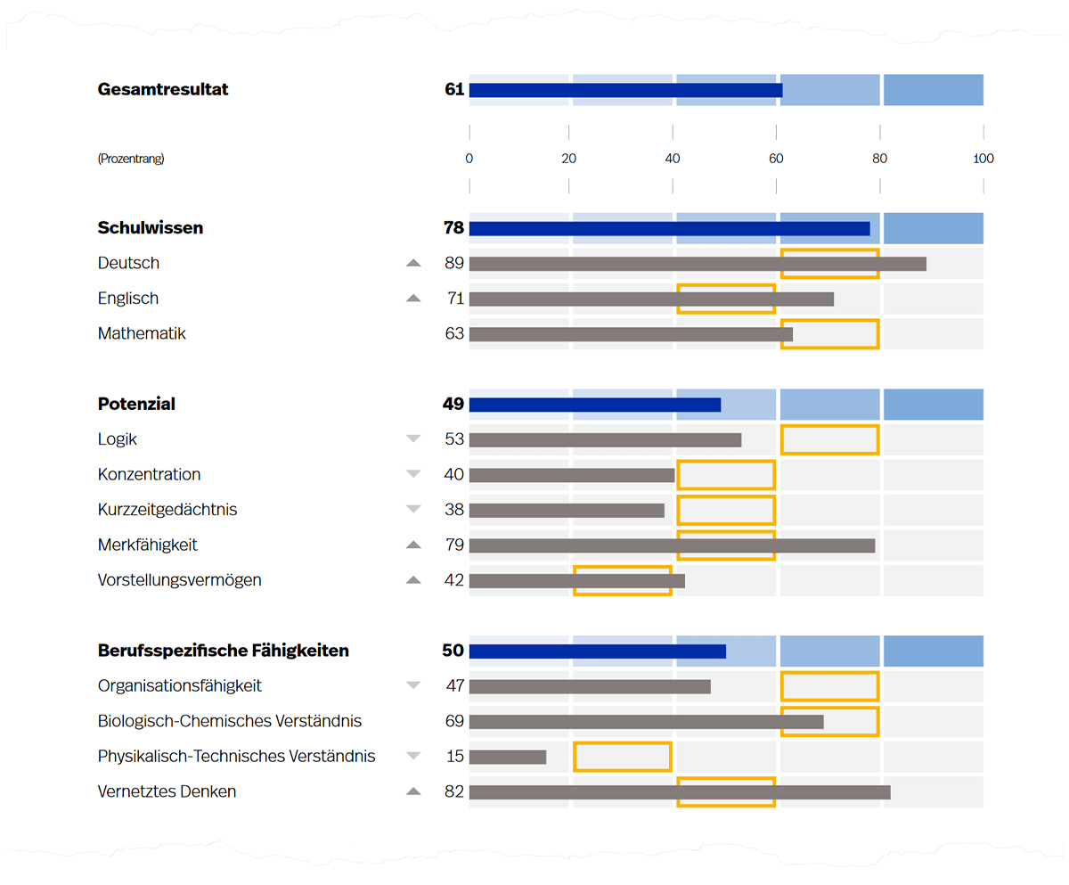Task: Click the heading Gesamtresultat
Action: (x=163, y=89)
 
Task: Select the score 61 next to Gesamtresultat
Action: (x=454, y=89)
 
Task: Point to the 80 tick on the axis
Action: (x=880, y=159)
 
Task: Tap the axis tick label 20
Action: (x=568, y=159)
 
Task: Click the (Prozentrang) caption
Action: (x=131, y=159)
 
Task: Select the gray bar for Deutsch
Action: (x=697, y=264)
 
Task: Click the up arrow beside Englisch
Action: (x=412, y=299)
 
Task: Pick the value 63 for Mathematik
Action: (x=454, y=334)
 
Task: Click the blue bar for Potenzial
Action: (x=594, y=405)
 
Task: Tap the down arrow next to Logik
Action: (x=412, y=438)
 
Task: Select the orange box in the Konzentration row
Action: (x=726, y=475)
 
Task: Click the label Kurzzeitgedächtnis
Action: (x=167, y=510)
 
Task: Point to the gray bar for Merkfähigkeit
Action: (x=672, y=545)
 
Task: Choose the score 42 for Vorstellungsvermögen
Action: (x=454, y=580)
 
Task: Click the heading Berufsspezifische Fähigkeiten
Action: (x=223, y=651)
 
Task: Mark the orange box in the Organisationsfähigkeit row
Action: (x=829, y=686)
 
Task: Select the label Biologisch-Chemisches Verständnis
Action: (x=230, y=721)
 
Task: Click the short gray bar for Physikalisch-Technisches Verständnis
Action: (x=507, y=757)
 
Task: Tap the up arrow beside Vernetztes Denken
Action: (x=412, y=791)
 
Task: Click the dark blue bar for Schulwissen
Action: (x=669, y=229)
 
